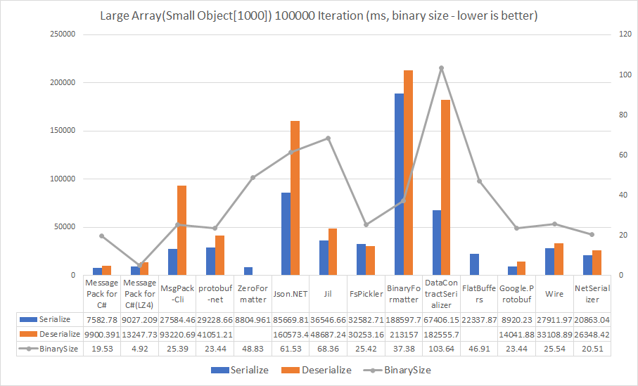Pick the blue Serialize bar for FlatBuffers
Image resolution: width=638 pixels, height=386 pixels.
[x=474, y=264]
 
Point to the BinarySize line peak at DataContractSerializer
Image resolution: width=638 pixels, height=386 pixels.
[x=441, y=68]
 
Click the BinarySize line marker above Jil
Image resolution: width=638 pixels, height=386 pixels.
[x=328, y=138]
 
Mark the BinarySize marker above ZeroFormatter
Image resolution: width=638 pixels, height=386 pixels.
[x=253, y=177]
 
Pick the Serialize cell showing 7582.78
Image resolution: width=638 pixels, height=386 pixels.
[x=101, y=319]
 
